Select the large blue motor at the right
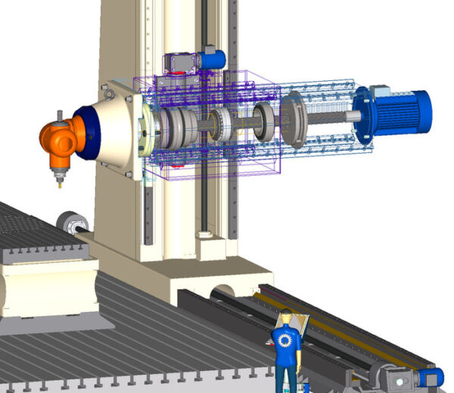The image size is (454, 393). tap(401, 113)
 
